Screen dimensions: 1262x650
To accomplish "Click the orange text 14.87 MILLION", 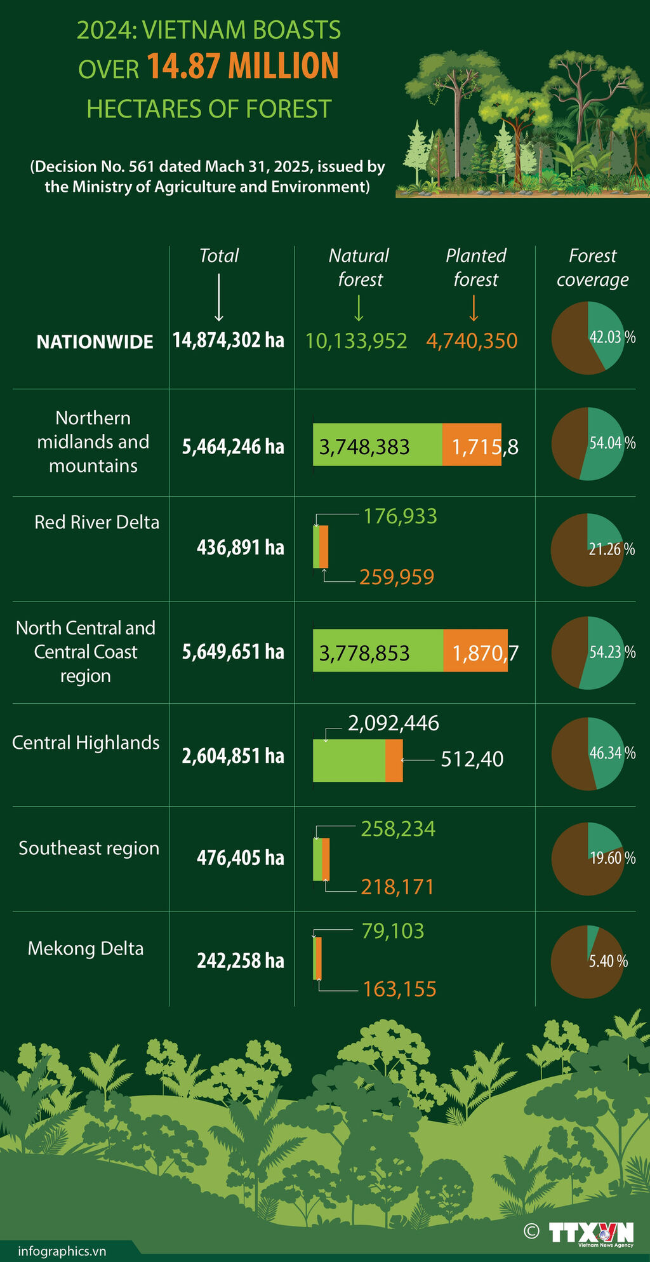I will pos(243,67).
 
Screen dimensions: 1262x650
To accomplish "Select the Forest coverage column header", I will pos(592,267).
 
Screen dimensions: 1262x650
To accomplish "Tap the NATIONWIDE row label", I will pos(95,342).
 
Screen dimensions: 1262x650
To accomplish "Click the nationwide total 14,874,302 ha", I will pos(229,340).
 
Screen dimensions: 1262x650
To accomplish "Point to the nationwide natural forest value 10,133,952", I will pos(356,341).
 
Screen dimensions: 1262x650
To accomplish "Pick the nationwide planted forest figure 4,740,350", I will pos(472,341).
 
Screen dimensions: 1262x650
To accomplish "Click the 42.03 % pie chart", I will pos(588,337).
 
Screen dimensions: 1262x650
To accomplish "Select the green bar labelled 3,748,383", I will pos(377,445).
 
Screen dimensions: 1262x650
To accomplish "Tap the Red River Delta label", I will pos(96,522).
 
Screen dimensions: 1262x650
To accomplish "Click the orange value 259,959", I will pos(397,577).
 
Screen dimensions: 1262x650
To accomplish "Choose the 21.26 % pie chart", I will pos(588,549).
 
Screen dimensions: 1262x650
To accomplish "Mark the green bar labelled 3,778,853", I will pos(378,650).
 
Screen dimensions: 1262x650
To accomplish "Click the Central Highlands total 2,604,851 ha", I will pos(233,756).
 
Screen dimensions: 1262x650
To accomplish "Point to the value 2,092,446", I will pos(394,723).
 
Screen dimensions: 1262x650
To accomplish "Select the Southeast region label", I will pos(89,848).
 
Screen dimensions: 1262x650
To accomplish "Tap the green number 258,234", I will pos(398,829).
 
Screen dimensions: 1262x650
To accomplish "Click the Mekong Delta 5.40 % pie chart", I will pos(588,961).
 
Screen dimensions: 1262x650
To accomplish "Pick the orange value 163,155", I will pos(399,989).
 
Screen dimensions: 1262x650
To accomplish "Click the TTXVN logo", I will pos(590,1233).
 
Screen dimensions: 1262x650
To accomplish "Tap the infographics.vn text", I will pos(62,1251).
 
